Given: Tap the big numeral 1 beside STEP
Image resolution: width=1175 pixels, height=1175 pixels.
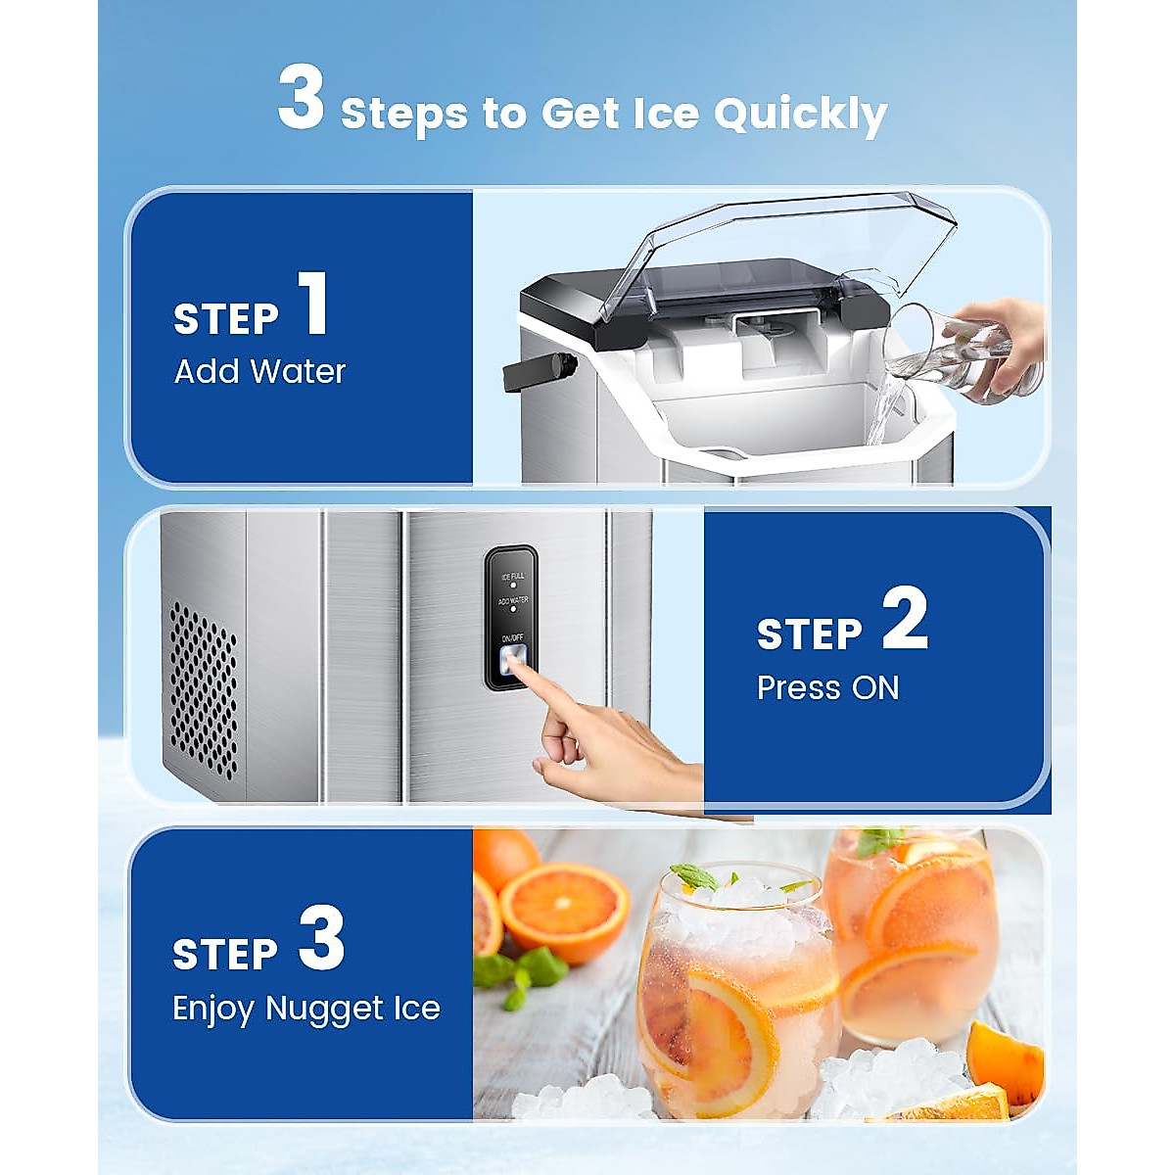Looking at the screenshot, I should [x=313, y=305].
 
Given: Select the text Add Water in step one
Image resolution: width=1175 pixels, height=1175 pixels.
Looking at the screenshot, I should [x=259, y=372].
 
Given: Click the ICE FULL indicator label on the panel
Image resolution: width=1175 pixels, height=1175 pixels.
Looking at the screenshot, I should [x=512, y=577].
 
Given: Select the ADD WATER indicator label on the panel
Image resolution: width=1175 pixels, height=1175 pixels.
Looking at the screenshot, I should [x=512, y=600].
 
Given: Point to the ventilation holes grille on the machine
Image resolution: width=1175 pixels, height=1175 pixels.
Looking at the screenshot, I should [x=204, y=685].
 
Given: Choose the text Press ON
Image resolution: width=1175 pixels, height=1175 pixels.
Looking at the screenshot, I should [x=827, y=688].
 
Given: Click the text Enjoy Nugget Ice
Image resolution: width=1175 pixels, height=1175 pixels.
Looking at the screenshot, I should [x=305, y=1009].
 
